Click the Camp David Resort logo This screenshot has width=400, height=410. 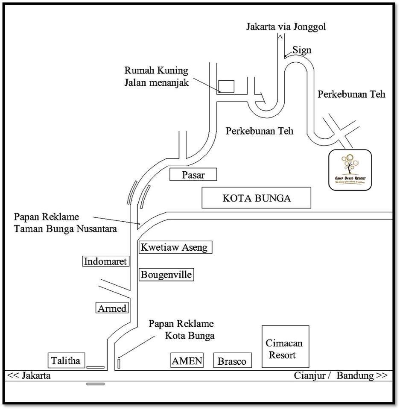click(x=350, y=170)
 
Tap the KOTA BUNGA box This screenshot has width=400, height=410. click(x=256, y=199)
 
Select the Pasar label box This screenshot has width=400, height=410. click(x=193, y=175)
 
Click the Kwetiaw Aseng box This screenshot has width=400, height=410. click(x=175, y=247)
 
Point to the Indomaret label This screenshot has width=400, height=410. click(x=105, y=261)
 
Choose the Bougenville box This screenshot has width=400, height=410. click(x=166, y=274)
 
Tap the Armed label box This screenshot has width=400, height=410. click(x=112, y=308)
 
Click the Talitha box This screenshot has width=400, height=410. click(x=66, y=360)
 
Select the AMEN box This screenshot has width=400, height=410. click(x=187, y=360)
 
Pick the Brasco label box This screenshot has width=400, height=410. click(x=232, y=361)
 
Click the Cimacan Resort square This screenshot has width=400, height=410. click(x=285, y=347)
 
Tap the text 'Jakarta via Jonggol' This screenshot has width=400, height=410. click(x=286, y=27)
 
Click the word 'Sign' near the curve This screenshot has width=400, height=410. click(x=302, y=50)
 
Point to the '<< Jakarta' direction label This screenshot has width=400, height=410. click(x=29, y=376)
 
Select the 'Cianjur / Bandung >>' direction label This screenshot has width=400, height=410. click(x=341, y=376)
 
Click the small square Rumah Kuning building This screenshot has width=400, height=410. click(x=226, y=86)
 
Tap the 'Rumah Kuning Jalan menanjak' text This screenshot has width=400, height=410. click(x=156, y=76)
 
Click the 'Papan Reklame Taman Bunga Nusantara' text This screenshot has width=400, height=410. click(x=65, y=223)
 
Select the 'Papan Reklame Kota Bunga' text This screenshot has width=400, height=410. click(x=181, y=330)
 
